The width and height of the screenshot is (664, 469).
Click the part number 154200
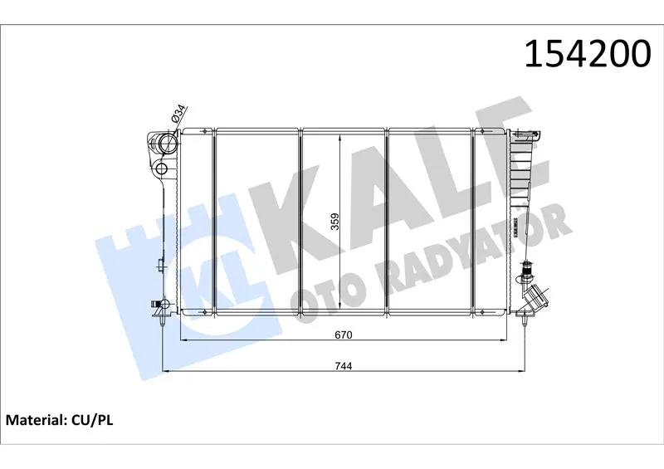(x=588, y=54)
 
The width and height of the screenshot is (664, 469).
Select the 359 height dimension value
(x=335, y=222)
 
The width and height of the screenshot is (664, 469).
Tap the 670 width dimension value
(x=344, y=335)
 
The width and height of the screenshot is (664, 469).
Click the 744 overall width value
(x=344, y=366)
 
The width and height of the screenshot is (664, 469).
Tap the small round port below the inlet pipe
(x=162, y=169)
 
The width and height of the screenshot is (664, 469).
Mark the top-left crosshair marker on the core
(x=204, y=131)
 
